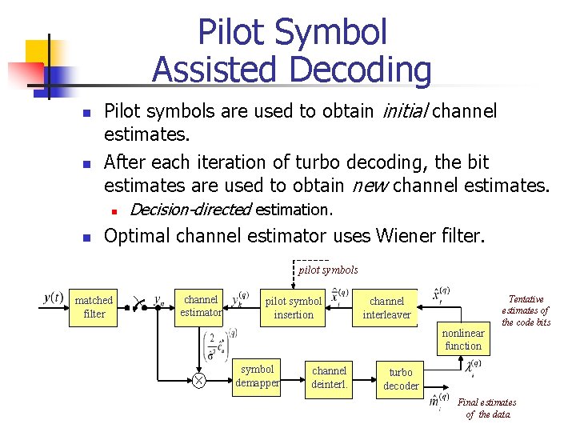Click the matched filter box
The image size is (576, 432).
point(94,307)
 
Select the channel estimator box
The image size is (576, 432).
point(200,306)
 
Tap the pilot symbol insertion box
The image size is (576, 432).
point(293,308)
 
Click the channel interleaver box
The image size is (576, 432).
point(386,308)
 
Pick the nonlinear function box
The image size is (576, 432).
point(462,339)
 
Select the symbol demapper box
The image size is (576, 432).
point(257,376)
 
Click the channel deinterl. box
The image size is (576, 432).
point(329,377)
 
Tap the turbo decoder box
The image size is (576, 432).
point(400,379)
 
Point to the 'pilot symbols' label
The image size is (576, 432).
point(328,270)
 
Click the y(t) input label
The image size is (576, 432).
point(53,298)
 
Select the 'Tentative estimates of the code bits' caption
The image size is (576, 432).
point(526,310)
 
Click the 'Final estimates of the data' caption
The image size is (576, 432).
point(486,408)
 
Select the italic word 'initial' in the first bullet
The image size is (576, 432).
point(405,110)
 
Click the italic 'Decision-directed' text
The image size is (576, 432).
point(190,210)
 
